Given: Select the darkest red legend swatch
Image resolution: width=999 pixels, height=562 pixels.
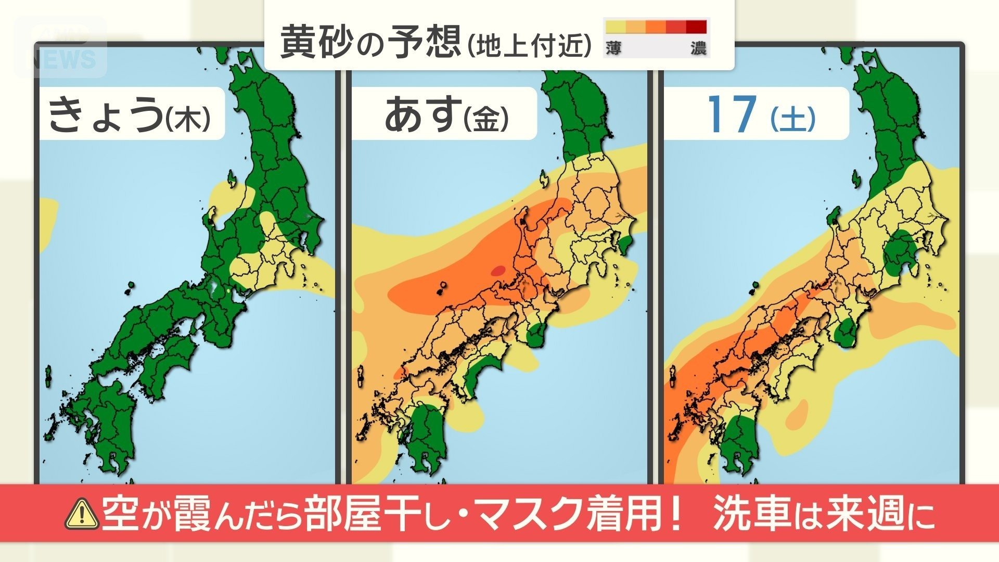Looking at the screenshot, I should pyautogui.click(x=696, y=27).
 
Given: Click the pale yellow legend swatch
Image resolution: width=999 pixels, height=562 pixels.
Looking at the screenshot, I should pyautogui.click(x=615, y=27).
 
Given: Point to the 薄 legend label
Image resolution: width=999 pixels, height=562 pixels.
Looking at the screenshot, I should pyautogui.click(x=613, y=49).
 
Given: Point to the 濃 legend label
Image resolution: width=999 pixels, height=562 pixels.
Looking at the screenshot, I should pyautogui.click(x=698, y=49).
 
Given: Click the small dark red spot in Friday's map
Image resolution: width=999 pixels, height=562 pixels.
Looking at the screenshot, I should pyautogui.click(x=498, y=270).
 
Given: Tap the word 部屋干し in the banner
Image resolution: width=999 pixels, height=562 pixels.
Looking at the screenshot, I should pyautogui.click(x=380, y=513).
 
